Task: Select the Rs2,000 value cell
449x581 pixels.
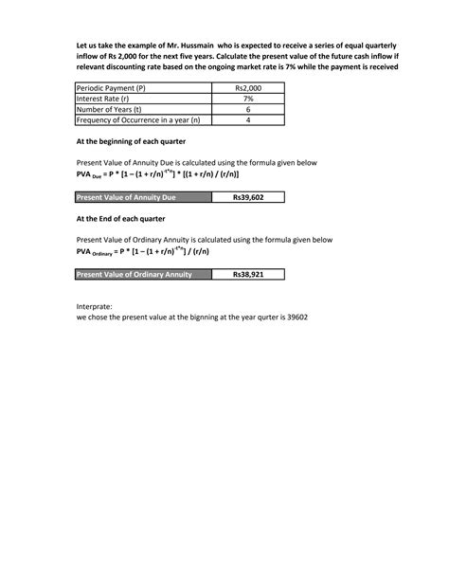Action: point(248,88)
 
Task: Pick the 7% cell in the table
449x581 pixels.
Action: point(248,99)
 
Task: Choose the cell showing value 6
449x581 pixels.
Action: point(248,109)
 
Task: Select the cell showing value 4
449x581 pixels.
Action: point(248,120)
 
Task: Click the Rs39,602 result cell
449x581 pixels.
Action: point(248,198)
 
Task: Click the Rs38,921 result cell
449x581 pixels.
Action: point(248,274)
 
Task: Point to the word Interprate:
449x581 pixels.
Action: point(94,307)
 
